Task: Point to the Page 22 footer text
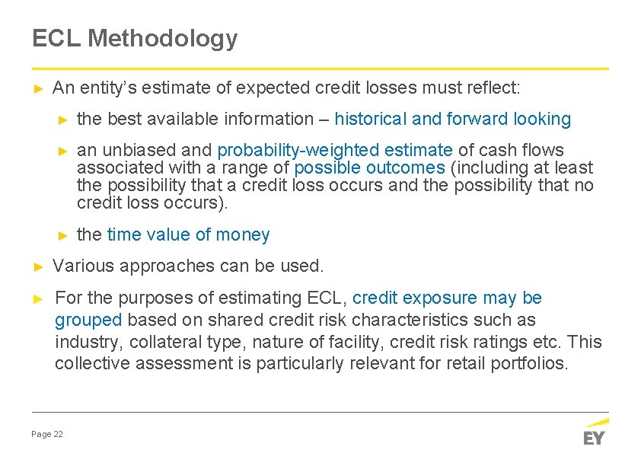coord(47,434)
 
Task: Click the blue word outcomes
coord(404,167)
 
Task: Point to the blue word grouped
coord(88,320)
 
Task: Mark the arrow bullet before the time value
coord(65,234)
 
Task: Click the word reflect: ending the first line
coord(493,88)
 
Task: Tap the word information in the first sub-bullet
coord(270,119)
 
